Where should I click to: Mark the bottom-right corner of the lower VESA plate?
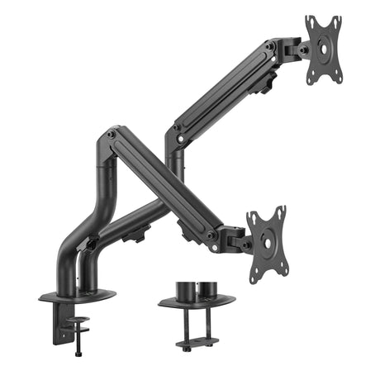coord(284,267)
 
